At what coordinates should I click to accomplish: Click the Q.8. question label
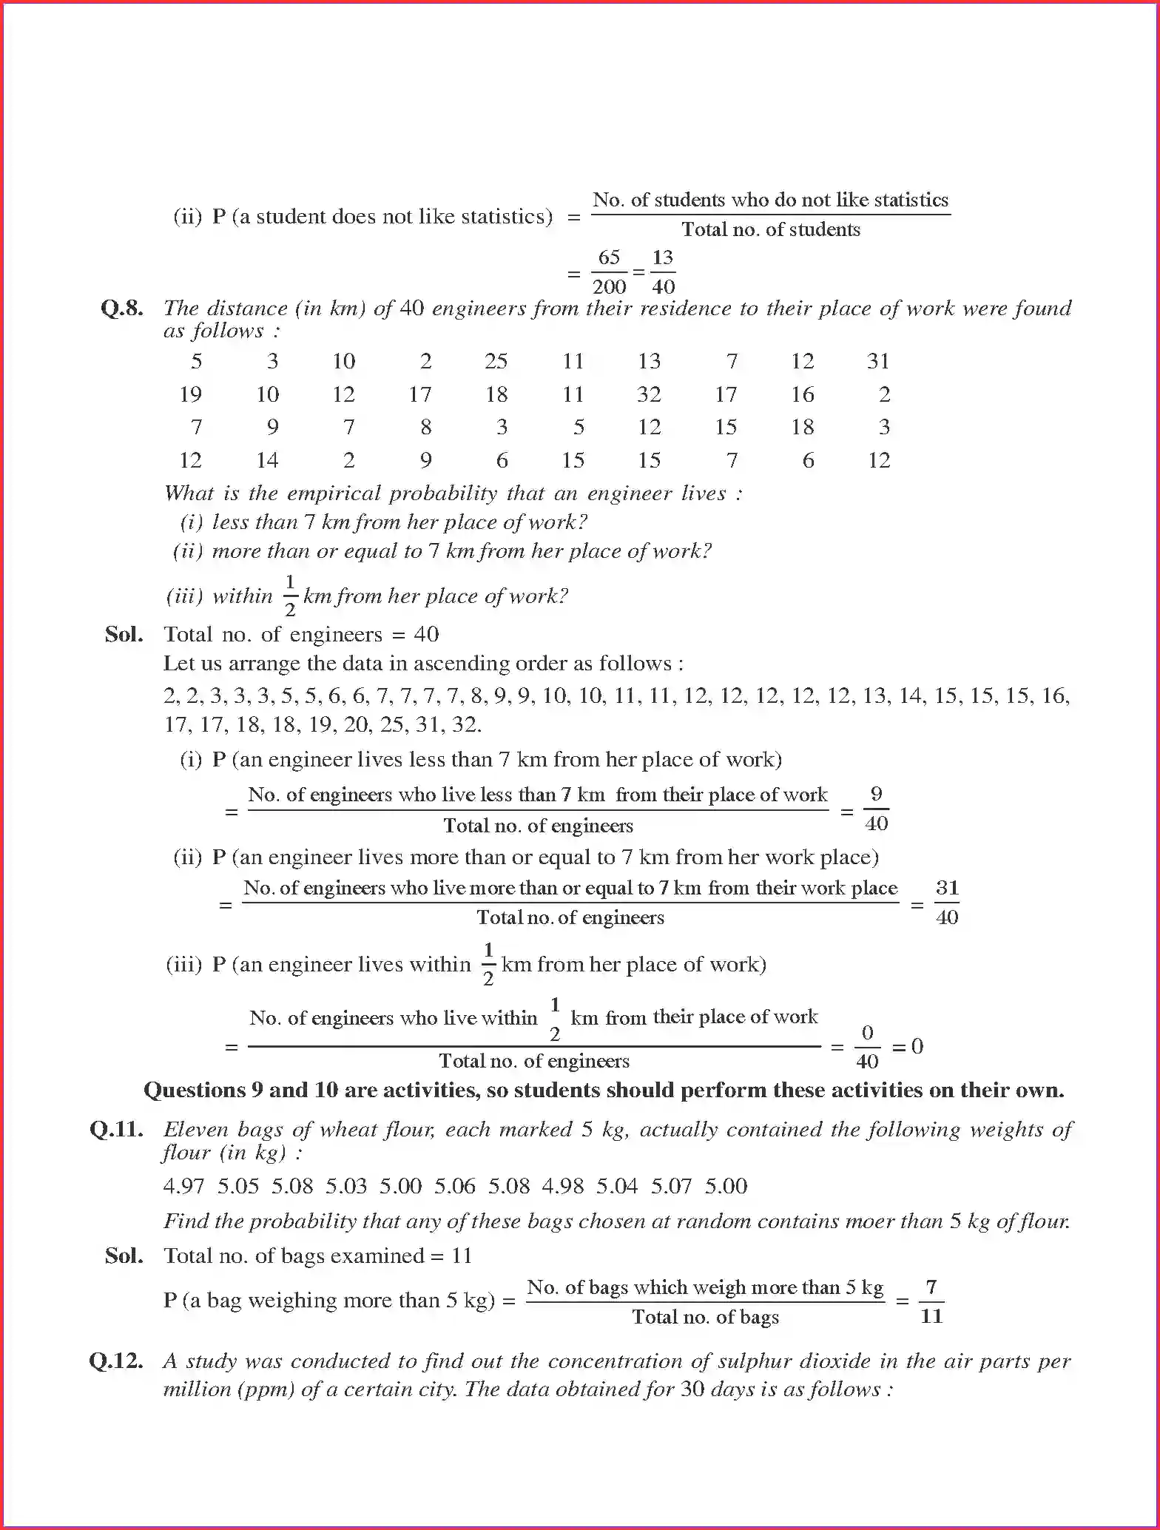[x=122, y=309]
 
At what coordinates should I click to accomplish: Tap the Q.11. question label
[x=116, y=1130]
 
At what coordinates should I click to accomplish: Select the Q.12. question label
[x=116, y=1361]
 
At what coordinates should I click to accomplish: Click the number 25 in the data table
[x=496, y=361]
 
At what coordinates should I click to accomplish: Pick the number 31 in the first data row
[x=878, y=361]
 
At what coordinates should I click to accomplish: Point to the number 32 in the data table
[x=649, y=394]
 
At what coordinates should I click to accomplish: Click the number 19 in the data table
[x=190, y=394]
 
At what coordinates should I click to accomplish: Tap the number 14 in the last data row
[x=267, y=460]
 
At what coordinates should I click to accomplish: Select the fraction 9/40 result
[x=876, y=809]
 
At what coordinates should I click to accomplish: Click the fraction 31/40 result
[x=947, y=903]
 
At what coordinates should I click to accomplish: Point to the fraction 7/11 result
[x=931, y=1302]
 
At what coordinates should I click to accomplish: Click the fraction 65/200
[x=609, y=272]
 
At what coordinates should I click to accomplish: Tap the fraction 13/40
[x=663, y=272]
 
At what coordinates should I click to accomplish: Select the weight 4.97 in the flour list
[x=183, y=1186]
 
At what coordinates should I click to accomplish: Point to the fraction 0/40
[x=867, y=1047]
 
